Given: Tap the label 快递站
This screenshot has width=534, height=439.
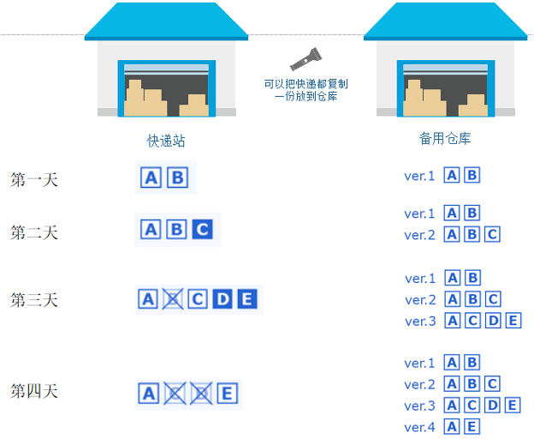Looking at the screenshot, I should click(x=166, y=141).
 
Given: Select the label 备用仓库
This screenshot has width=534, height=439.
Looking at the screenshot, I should click(x=445, y=138).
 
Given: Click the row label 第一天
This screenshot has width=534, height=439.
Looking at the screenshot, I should click(x=34, y=180).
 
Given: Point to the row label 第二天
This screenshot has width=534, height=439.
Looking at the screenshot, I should click(x=34, y=232).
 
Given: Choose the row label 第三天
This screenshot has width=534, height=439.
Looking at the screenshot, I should click(x=34, y=300).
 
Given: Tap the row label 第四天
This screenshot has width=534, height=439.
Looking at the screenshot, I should click(x=34, y=391).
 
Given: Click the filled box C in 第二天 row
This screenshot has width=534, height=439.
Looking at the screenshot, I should click(x=202, y=230).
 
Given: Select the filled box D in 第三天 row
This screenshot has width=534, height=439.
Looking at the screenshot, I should click(x=222, y=299).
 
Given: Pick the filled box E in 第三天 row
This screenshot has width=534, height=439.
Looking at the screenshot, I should click(x=246, y=299).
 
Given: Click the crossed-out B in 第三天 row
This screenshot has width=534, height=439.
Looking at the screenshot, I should click(x=173, y=299).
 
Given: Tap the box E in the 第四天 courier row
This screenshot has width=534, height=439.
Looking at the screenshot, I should click(x=227, y=394).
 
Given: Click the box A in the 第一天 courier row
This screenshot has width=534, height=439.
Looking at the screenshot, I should click(x=151, y=177).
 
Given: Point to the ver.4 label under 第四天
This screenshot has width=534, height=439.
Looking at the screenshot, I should click(x=420, y=427).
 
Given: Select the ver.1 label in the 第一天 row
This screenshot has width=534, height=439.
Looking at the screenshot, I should click(x=420, y=176).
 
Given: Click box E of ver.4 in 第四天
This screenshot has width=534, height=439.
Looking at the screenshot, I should click(x=472, y=427).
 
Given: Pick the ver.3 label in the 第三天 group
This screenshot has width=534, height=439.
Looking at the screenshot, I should click(x=420, y=321).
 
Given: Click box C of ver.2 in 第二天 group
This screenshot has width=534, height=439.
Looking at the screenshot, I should click(x=491, y=234).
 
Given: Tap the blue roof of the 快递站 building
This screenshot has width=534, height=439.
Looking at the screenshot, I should click(x=166, y=21).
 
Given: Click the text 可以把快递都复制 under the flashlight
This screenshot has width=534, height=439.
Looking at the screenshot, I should click(x=306, y=84).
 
